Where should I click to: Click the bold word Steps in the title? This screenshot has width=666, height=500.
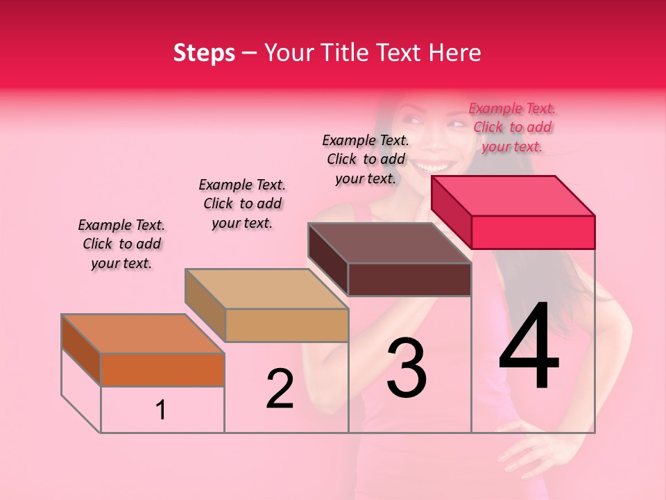(204, 53)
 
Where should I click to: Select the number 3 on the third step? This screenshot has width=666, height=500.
(407, 368)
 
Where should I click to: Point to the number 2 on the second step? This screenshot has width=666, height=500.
(280, 389)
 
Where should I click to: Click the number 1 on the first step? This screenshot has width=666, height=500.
(161, 410)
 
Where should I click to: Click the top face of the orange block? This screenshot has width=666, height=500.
(142, 333)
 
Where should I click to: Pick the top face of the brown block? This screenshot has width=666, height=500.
(389, 243)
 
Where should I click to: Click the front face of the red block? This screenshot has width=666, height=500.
(533, 232)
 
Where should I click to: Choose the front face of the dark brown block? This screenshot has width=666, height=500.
(409, 279)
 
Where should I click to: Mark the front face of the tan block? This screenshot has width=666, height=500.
(287, 325)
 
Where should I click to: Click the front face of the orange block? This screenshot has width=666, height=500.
(162, 369)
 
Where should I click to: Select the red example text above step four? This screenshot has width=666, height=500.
(512, 127)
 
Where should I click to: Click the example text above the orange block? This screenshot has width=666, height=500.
(121, 244)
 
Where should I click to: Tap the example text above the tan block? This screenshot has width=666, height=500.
(242, 203)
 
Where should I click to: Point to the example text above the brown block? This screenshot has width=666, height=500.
(366, 159)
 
